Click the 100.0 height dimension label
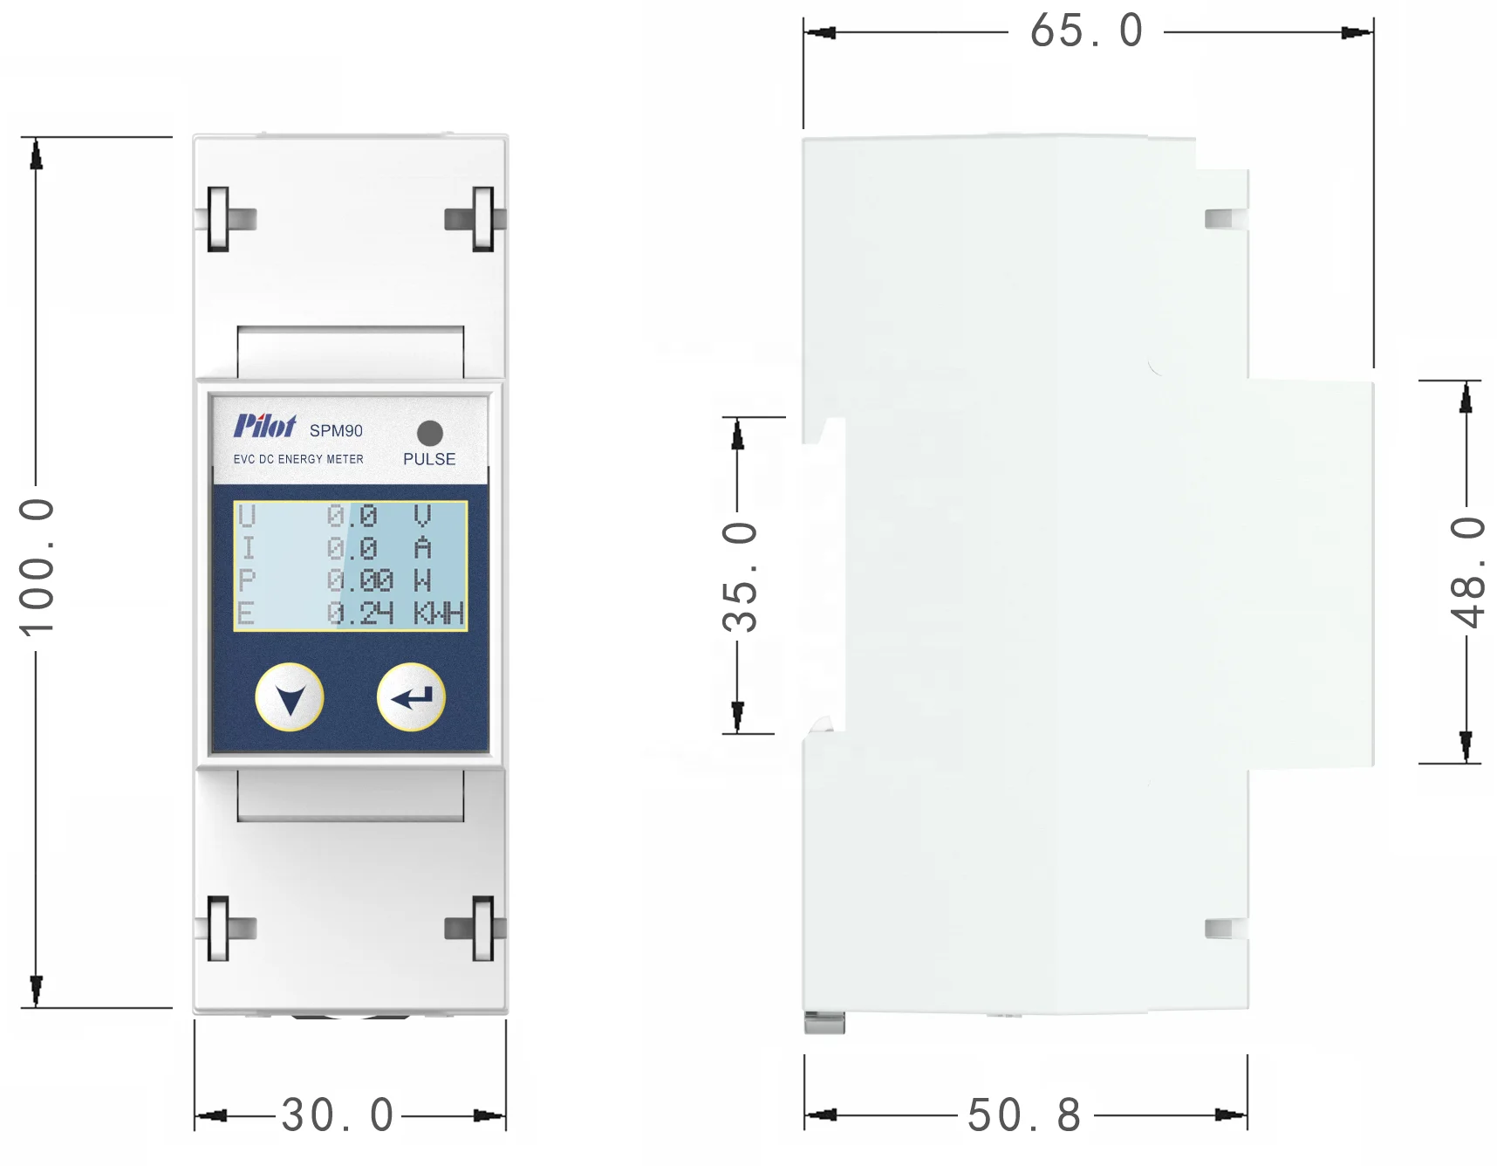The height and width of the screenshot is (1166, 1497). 37,567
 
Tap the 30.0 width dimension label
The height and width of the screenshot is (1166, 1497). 338,1115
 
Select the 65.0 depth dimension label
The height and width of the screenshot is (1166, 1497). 1086,32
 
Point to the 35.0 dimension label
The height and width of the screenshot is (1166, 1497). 740,577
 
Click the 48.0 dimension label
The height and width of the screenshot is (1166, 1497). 1466,572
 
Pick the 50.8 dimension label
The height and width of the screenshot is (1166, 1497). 1025,1115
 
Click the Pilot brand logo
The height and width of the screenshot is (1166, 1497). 264,426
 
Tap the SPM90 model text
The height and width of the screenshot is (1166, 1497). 336,431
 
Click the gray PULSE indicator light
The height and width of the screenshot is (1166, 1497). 430,433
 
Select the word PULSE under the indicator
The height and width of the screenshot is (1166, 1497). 429,459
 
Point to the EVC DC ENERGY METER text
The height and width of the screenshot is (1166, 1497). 298,459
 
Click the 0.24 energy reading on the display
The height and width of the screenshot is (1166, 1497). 359,614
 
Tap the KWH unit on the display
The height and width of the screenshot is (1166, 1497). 438,614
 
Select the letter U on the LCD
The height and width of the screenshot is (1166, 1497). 247,516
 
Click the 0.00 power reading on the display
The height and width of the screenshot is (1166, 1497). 359,581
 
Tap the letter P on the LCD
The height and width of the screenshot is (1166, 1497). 247,581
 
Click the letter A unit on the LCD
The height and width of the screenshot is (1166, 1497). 423,548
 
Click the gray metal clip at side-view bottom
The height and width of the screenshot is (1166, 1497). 824,1023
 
